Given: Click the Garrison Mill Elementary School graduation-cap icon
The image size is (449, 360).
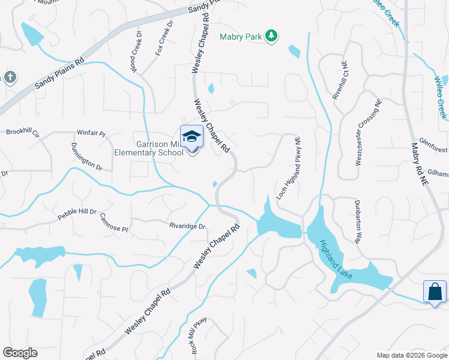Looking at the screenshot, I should click(191, 137).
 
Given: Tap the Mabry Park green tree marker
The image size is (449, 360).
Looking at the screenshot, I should click(272, 37).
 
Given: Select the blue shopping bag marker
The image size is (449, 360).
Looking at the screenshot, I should click(434, 292).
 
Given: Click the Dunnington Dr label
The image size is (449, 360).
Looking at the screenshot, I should click(86, 157).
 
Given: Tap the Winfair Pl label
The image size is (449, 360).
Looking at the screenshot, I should click(91, 133).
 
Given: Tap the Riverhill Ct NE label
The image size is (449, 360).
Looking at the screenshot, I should click(340, 80).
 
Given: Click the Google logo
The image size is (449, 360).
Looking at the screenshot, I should click(20, 353).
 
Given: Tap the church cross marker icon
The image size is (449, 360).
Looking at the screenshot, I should click(9, 77).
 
